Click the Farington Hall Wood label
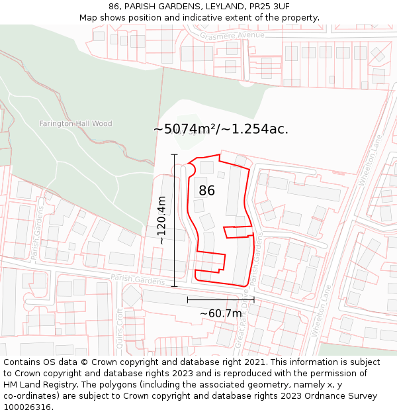click(x=75, y=124)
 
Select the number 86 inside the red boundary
click(x=206, y=191)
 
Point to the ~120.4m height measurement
click(x=161, y=220)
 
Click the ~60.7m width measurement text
click(x=220, y=313)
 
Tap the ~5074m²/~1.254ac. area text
click(x=221, y=129)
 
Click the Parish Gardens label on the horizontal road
click(x=138, y=280)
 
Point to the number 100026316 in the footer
click(x=28, y=407)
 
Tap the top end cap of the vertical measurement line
click(x=175, y=155)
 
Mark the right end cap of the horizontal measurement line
click(x=253, y=300)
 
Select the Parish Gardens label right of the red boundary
click(x=256, y=258)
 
